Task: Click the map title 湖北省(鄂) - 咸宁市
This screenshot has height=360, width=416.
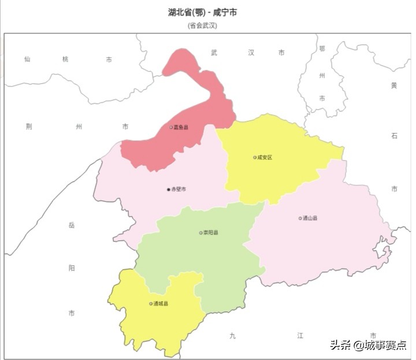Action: (202, 12)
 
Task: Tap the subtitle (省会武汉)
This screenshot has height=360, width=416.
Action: (202, 25)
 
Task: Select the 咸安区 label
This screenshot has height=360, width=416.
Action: (265, 157)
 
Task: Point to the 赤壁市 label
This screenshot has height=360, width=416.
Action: (179, 190)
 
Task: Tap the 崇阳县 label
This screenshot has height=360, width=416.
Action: (211, 233)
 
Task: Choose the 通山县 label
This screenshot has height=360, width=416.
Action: (310, 218)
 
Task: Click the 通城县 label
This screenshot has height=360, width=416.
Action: (161, 303)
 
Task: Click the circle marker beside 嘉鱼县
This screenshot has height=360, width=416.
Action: (171, 127)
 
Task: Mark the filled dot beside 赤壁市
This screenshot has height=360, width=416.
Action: (169, 190)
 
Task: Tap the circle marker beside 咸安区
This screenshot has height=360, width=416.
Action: (254, 157)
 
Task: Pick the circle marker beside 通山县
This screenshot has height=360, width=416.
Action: (300, 218)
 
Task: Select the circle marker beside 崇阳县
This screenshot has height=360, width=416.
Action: (200, 233)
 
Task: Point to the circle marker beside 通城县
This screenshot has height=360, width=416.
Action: (150, 303)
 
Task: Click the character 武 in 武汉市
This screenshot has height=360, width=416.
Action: (214, 53)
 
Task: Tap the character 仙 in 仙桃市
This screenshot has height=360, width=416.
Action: (27, 60)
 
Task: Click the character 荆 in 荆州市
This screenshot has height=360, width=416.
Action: (29, 127)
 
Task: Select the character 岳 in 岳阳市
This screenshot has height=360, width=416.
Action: (72, 225)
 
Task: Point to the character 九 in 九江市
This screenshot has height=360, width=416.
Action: (232, 336)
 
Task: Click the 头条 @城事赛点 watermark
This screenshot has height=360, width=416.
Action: (368, 345)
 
